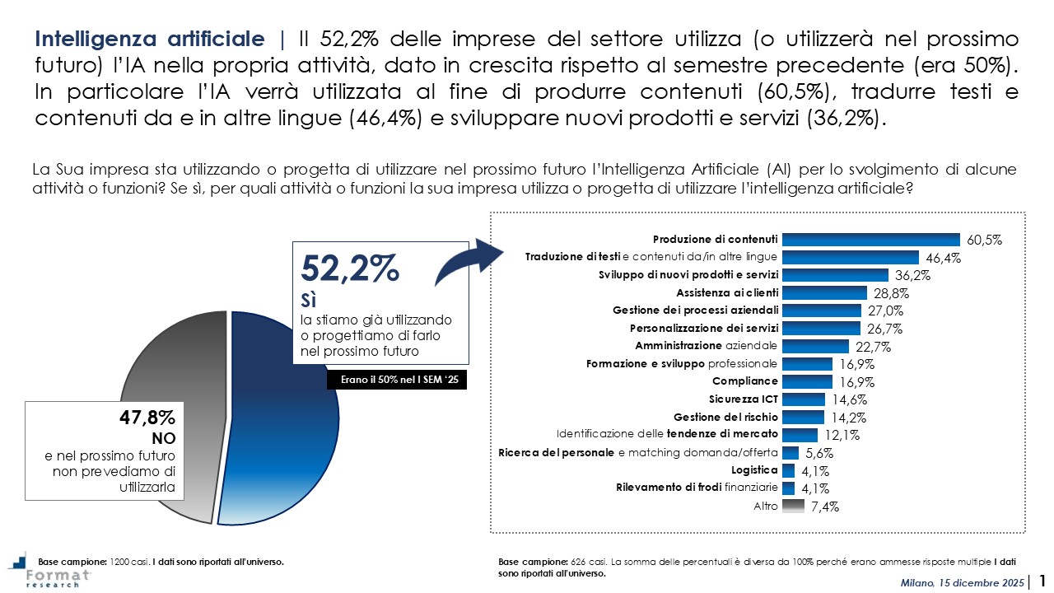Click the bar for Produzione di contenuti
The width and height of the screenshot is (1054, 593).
tap(870, 240)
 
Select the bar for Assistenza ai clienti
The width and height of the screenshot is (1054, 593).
tap(824, 292)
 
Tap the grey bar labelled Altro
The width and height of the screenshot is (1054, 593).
tap(793, 507)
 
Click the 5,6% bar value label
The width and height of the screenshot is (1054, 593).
tap(819, 453)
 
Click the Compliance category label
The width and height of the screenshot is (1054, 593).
tap(744, 381)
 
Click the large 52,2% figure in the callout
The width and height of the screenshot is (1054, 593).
tap(350, 269)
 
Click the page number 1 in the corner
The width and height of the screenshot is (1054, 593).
tap(1042, 581)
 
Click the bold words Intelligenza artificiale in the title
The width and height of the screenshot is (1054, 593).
tap(150, 40)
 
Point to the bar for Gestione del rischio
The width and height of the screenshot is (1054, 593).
tap(803, 417)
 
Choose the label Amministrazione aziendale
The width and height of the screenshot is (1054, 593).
tap(706, 346)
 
